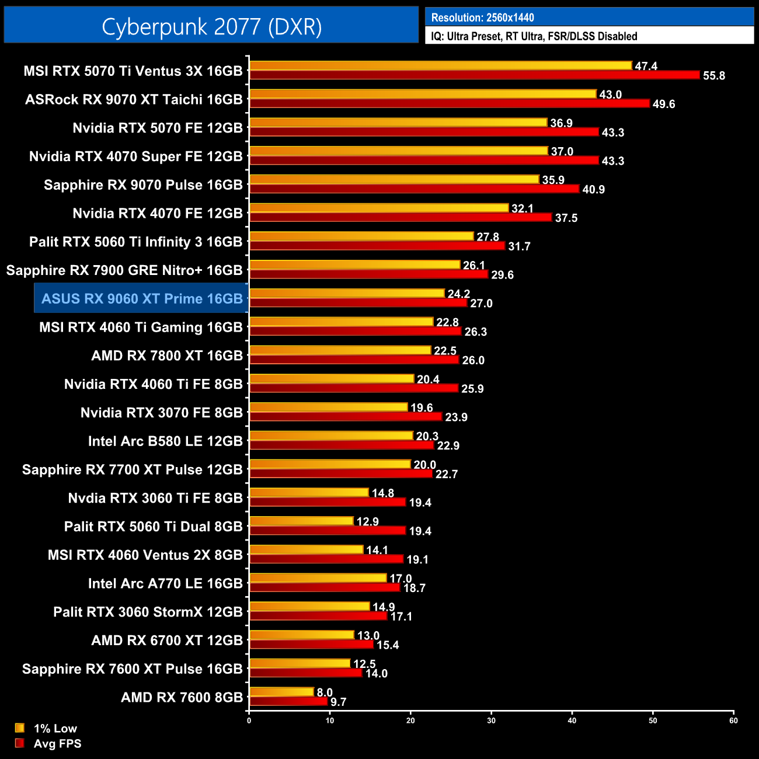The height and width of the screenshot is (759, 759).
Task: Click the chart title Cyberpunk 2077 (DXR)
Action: pos(211,27)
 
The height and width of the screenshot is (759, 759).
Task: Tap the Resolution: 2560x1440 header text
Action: pos(482,18)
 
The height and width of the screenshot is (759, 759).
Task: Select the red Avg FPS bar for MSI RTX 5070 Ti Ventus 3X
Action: pos(474,75)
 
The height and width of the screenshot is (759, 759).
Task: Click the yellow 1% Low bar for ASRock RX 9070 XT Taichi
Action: pos(423,94)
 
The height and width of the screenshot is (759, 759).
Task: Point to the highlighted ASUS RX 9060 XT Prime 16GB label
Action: pos(142,299)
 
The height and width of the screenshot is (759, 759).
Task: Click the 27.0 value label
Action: pos(481,304)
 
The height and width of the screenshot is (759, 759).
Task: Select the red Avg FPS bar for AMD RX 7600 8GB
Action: pos(288,701)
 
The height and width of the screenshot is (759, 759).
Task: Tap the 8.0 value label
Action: pos(325,692)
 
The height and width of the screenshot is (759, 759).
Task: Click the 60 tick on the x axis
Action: pos(733,720)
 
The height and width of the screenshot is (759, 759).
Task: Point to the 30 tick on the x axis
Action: pos(491,720)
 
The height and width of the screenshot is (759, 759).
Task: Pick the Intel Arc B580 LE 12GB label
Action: pos(165,441)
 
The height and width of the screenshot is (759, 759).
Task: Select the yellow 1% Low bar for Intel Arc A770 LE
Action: pos(318,578)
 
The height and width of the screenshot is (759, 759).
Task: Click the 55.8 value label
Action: pos(714,76)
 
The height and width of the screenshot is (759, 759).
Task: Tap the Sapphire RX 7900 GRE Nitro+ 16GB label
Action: pos(124,270)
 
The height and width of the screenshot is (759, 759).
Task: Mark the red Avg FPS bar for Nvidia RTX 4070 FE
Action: pos(401,217)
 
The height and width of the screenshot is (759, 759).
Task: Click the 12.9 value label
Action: pos(368,521)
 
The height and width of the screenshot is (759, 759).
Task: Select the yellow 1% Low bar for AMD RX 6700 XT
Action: pos(302,635)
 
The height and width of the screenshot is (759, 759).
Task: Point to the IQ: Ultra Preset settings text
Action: pos(534,36)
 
